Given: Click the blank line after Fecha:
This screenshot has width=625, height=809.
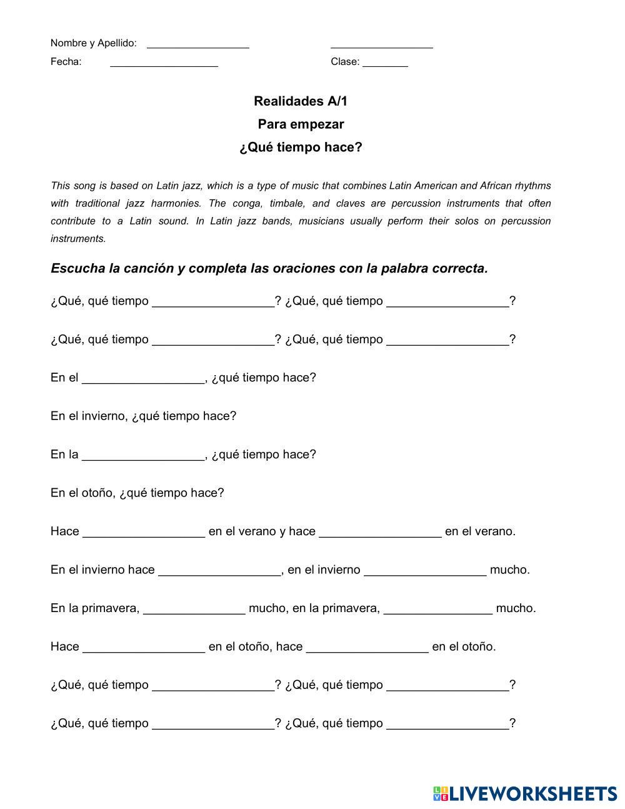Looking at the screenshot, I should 164,63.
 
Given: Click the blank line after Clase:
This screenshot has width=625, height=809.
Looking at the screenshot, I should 385,63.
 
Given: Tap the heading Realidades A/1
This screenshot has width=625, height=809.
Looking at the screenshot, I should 300,101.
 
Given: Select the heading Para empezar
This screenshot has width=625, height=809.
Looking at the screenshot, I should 301,124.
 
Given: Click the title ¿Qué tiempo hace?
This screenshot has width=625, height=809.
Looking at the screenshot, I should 301,148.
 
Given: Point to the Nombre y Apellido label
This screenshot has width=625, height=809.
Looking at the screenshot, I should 93,43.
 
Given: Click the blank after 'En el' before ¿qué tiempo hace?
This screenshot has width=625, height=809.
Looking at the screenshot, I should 143,379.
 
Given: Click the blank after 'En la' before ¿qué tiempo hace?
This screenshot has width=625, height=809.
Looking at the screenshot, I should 143,456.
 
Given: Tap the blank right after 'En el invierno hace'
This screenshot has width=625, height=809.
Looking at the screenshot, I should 219,571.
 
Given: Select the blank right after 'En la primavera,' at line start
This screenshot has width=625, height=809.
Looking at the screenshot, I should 194,610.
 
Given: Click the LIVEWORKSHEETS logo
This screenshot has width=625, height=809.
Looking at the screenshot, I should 525,793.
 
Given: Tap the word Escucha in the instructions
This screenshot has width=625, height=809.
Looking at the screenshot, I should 77,268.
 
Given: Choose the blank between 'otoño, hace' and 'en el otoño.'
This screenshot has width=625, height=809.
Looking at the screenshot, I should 367,648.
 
